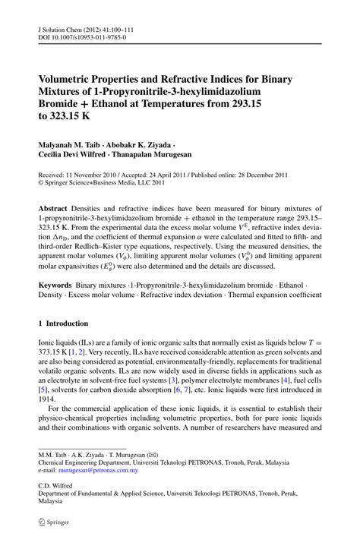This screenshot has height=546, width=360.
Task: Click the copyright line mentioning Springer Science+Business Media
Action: [106, 182]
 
